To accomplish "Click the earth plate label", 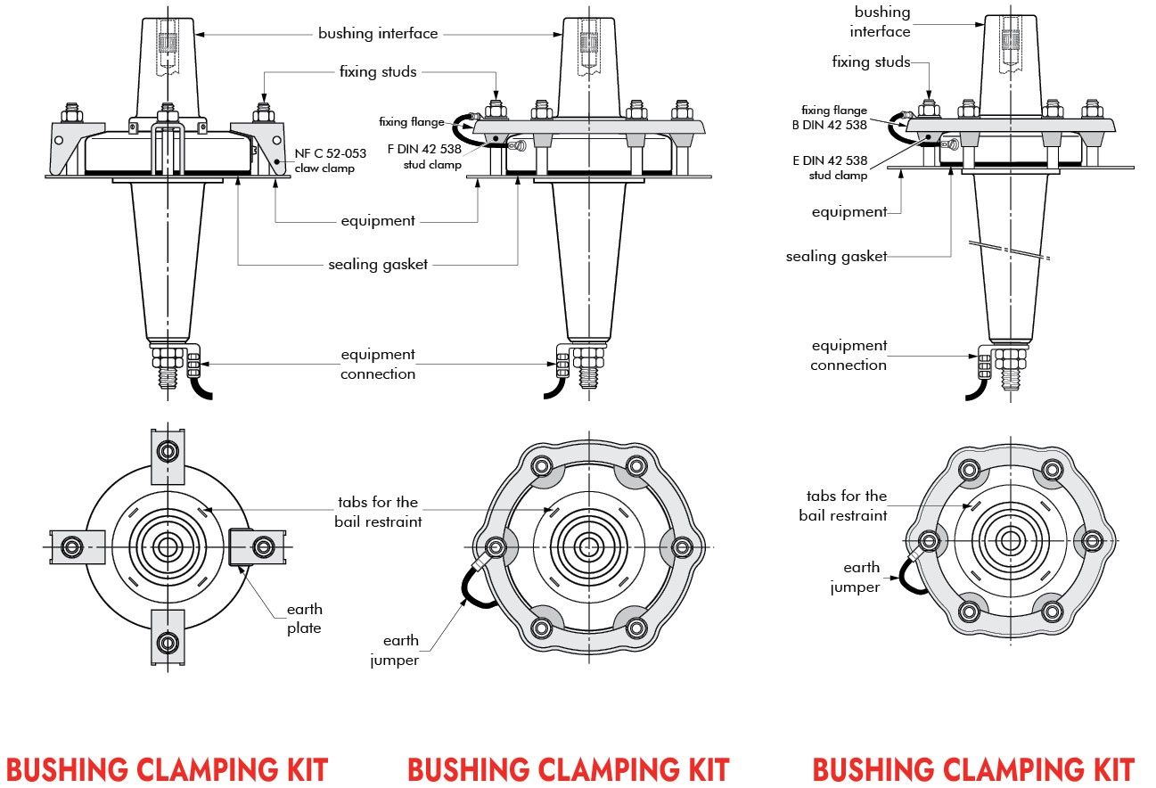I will pos(304,619).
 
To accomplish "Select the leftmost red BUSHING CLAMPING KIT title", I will pos(167,769).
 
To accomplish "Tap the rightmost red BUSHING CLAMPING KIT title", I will pos(972,769).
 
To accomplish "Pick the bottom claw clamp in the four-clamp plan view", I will pos(167,638).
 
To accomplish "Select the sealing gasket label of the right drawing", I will pos(836,257).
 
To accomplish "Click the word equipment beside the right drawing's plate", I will pos(849,212).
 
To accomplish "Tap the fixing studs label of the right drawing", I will pos(871,62).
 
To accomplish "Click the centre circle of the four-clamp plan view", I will pos(167,545).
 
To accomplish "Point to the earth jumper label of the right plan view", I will pos(857,577).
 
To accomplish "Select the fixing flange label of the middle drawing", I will pos(410,122).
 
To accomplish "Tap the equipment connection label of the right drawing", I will pos(849,355).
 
